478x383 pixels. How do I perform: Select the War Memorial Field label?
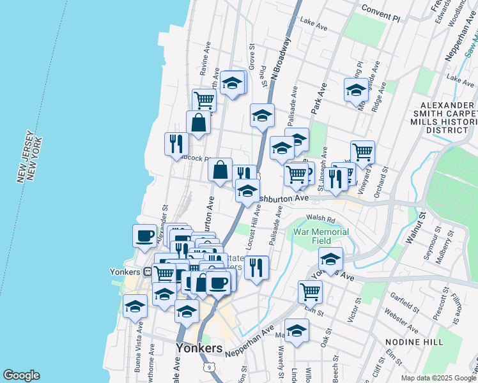pos(321,236)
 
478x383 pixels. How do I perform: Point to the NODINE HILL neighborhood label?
pos(414,342)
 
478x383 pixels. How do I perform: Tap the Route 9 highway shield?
pos(209,367)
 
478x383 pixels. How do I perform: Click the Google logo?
pos(21,375)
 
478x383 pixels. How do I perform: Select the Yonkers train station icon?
pos(148,271)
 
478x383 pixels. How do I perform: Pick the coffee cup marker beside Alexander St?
pos(144,236)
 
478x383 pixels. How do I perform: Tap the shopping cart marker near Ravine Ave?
pos(204,100)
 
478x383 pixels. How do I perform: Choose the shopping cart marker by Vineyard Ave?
pos(362,152)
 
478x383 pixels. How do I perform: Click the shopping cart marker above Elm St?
pos(310,291)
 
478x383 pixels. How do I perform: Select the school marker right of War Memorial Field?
pos(330,259)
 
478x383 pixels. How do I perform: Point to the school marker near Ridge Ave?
pos(355,89)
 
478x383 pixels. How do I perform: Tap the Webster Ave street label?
pos(401,320)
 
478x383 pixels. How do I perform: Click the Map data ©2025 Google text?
pos(438,378)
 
